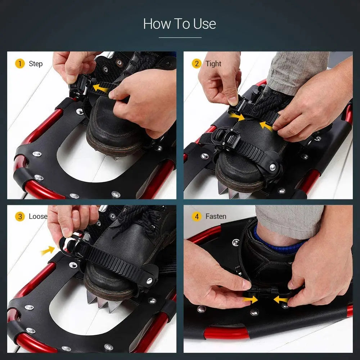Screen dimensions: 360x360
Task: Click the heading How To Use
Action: click(x=180, y=24)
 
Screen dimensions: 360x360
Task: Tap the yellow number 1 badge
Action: click(x=20, y=64)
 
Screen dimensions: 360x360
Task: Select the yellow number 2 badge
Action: click(x=196, y=64)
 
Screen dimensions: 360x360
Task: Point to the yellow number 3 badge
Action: click(x=20, y=216)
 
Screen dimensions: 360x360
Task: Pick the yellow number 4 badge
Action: click(x=196, y=216)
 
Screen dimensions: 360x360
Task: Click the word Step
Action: click(x=36, y=64)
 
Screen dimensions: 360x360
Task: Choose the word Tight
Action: click(x=213, y=64)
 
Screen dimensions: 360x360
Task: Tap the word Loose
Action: click(x=38, y=216)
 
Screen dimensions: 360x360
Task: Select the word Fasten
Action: click(x=216, y=216)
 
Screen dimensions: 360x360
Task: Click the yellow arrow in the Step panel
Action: click(x=100, y=87)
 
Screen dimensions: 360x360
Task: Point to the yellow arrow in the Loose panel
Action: click(x=48, y=251)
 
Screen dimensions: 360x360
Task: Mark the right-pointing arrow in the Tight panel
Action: click(x=236, y=116)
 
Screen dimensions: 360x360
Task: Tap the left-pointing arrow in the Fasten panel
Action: click(x=281, y=300)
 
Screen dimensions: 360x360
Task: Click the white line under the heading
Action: click(x=180, y=37)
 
